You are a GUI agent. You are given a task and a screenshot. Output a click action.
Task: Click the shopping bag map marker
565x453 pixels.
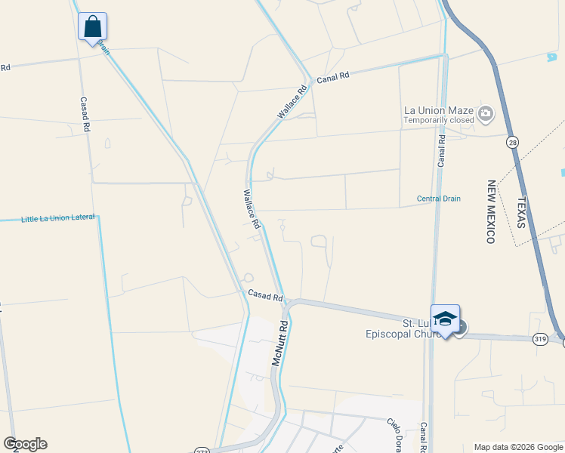pyautogui.click(x=92, y=27)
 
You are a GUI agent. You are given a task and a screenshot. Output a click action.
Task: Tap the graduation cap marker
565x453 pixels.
pyautogui.click(x=445, y=320)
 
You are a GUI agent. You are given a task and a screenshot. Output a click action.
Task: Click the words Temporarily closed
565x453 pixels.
pyautogui.click(x=438, y=120)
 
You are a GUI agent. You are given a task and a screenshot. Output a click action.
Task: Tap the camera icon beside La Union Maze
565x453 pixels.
pyautogui.click(x=485, y=115)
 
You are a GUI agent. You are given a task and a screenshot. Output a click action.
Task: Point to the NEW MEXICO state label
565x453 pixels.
pyautogui.click(x=491, y=211)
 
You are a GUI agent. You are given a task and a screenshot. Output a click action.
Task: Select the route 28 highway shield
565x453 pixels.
pyautogui.click(x=513, y=142)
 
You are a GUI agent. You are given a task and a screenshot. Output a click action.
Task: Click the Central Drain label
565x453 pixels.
pyautogui.click(x=438, y=199)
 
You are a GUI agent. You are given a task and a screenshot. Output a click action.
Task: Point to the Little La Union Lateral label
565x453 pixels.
pyautogui.click(x=58, y=218)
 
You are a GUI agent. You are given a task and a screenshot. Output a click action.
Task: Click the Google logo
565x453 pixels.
pyautogui.click(x=25, y=444)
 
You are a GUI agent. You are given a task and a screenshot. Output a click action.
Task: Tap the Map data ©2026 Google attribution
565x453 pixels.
pyautogui.click(x=518, y=447)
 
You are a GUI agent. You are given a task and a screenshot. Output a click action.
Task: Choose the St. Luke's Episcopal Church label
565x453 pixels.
pyautogui.click(x=409, y=328)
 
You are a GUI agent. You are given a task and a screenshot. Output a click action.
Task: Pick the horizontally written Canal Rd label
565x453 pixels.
pyautogui.click(x=333, y=77)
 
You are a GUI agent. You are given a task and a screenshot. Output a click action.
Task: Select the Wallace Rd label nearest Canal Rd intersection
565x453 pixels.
pyautogui.click(x=292, y=101)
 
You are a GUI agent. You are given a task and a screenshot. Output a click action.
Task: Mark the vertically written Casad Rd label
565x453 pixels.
pyautogui.click(x=85, y=114)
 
